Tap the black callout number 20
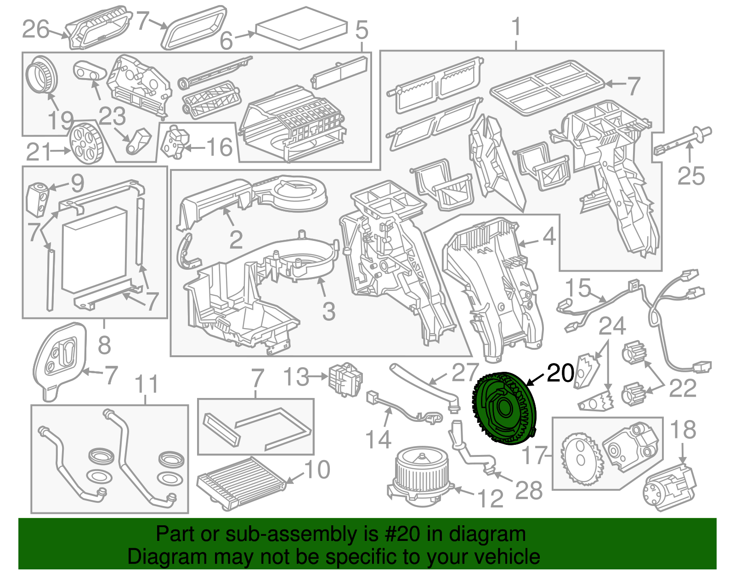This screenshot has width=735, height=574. click(x=560, y=373)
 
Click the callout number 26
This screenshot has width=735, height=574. click(x=35, y=30)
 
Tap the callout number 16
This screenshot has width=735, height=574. click(x=219, y=147)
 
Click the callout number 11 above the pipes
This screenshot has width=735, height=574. click(x=147, y=384)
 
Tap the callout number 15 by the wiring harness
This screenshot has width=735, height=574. click(x=577, y=288)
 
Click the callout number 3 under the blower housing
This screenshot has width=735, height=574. click(x=328, y=311)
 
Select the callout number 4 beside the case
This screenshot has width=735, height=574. click(x=549, y=237)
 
